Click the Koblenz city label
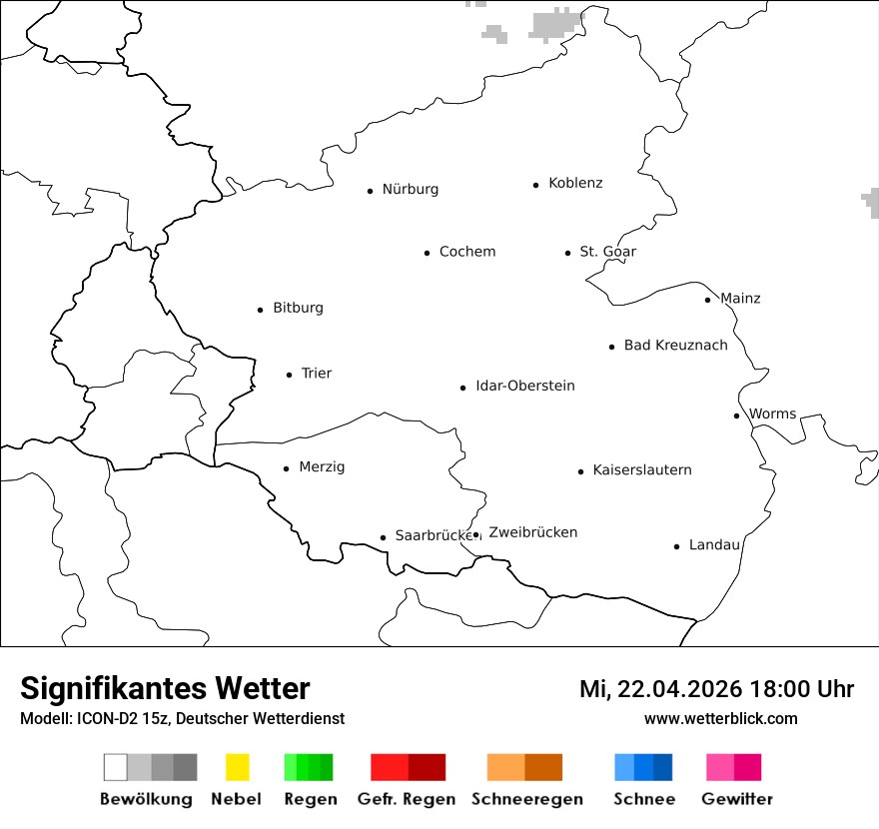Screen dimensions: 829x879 pyautogui.click(x=575, y=184)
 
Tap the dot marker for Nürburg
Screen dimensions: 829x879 pyautogui.click(x=370, y=191)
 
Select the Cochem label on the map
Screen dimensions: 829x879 pyautogui.click(x=466, y=252)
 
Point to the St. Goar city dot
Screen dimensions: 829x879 pyautogui.click(x=567, y=253)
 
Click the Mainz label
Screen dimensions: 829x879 pyautogui.click(x=740, y=299)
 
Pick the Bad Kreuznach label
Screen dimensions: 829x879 pyautogui.click(x=675, y=346)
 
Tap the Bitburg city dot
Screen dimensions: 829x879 pyautogui.click(x=260, y=310)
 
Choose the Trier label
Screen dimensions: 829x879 pyautogui.click(x=316, y=374)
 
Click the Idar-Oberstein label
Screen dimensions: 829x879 pyautogui.click(x=524, y=387)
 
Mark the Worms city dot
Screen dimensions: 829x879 pyautogui.click(x=736, y=415)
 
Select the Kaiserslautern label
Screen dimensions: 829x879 pyautogui.click(x=641, y=470)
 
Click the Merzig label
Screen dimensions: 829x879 pyautogui.click(x=322, y=467)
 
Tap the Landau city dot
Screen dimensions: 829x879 pyautogui.click(x=676, y=546)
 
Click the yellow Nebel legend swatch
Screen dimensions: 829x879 pyautogui.click(x=237, y=767)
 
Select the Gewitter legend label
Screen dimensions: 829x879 pyautogui.click(x=736, y=799)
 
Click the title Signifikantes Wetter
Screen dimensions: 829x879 pyautogui.click(x=165, y=689)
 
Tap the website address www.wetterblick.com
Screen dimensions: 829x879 pyautogui.click(x=720, y=719)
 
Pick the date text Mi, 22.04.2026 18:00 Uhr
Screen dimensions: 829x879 pyautogui.click(x=716, y=689)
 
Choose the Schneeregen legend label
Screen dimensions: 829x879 pyautogui.click(x=526, y=799)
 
